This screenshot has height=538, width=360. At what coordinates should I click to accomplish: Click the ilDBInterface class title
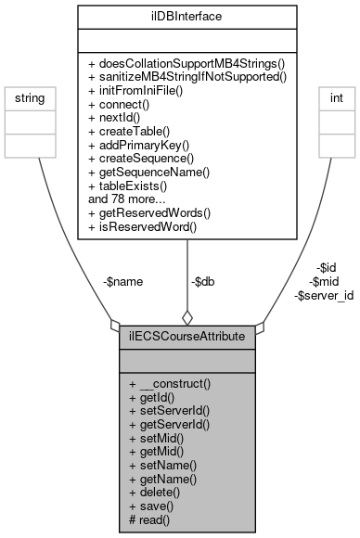[187, 16]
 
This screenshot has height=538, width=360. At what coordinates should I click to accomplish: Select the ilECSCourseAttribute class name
[186, 335]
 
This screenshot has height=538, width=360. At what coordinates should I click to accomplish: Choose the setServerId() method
[174, 410]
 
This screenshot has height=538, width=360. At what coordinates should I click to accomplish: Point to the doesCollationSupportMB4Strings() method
[186, 62]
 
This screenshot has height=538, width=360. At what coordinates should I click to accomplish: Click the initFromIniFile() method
[142, 90]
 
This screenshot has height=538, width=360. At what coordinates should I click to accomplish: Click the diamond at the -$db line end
[187, 316]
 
